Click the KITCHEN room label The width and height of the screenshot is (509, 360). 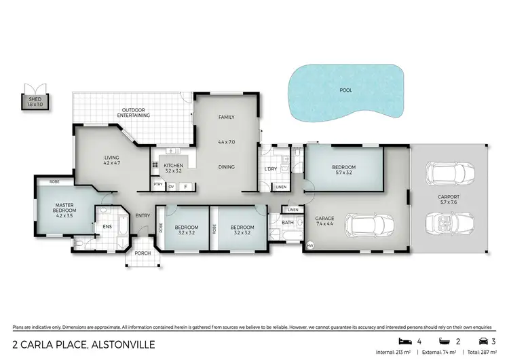pos(173,168)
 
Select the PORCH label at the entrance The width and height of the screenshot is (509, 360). pos(143,253)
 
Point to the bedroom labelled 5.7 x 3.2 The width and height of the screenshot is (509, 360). pos(343,170)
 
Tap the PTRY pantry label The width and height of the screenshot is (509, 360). pos(157,185)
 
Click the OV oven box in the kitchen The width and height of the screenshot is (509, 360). pos(171,185)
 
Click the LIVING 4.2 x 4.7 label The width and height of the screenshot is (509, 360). pos(111,160)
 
